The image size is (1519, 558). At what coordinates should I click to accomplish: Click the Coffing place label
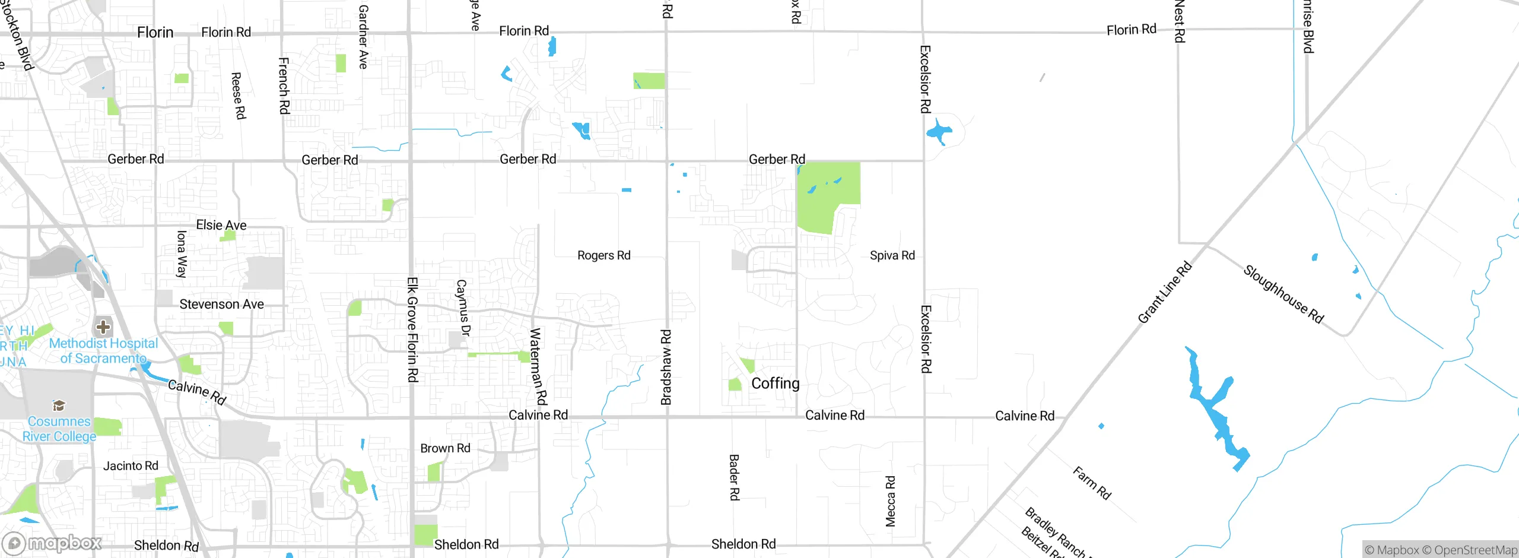(x=775, y=383)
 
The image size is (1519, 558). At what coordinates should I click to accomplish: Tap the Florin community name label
(x=155, y=32)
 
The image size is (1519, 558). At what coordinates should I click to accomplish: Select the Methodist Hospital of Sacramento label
(x=103, y=351)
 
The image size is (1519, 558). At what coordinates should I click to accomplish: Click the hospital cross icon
(x=103, y=326)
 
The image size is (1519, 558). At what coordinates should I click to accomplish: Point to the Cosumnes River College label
(x=59, y=429)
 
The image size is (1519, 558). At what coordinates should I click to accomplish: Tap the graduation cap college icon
(x=59, y=405)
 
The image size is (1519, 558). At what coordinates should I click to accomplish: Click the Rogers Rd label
(x=603, y=255)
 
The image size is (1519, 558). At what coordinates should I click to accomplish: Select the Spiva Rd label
(x=892, y=255)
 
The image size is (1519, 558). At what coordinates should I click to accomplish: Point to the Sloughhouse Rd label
(x=1283, y=294)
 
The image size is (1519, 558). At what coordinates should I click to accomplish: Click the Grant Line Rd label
(x=1164, y=293)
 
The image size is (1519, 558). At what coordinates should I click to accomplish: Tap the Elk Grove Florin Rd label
(x=412, y=329)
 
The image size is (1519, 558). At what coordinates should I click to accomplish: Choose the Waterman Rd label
(x=538, y=366)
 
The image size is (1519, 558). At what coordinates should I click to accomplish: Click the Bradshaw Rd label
(x=666, y=367)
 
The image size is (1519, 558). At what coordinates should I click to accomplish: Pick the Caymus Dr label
(x=462, y=308)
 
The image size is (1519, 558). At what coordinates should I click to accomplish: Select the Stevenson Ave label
(x=221, y=304)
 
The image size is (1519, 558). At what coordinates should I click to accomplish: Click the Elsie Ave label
(x=221, y=225)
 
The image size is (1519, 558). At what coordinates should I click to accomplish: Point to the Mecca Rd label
(x=890, y=501)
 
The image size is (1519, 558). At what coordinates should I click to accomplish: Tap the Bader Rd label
(x=734, y=477)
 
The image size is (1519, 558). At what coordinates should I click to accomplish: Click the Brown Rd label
(x=445, y=448)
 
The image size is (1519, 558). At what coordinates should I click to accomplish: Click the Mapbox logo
(x=52, y=543)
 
